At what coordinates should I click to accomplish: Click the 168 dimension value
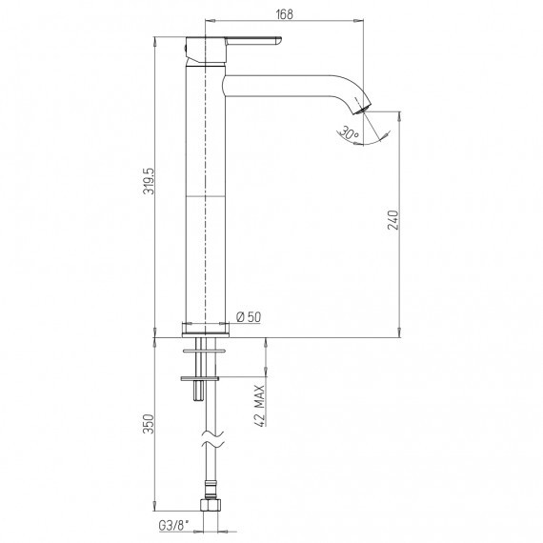[x=284, y=14]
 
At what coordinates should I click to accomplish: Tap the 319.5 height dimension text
[x=149, y=181]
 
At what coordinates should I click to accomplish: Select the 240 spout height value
[x=393, y=220]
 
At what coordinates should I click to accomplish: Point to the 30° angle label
[x=349, y=133]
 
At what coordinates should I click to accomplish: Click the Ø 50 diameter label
[x=249, y=317]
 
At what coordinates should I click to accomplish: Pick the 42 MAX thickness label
[x=259, y=406]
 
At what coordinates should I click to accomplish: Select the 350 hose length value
[x=149, y=424]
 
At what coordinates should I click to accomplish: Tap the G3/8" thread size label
[x=173, y=525]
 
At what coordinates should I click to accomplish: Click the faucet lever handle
[x=253, y=41]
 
